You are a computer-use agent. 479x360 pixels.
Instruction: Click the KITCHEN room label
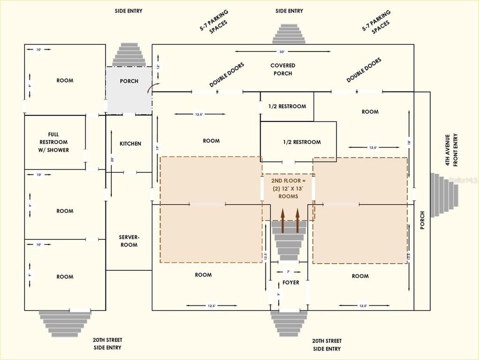point(130,144)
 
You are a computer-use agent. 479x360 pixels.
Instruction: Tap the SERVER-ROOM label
point(128,241)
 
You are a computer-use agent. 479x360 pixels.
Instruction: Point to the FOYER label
point(290,282)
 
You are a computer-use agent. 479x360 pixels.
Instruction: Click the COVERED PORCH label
point(282,69)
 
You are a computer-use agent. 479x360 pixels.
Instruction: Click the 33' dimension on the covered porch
point(282,52)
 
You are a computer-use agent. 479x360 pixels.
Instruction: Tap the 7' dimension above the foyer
point(288,271)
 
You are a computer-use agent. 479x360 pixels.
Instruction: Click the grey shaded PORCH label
point(129,81)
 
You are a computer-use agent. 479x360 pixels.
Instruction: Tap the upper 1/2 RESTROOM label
point(287,106)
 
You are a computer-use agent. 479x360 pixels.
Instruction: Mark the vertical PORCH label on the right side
point(421,220)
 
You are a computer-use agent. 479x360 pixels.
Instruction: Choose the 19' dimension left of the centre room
point(156,148)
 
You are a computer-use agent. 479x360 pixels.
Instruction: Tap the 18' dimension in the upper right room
point(409,143)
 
